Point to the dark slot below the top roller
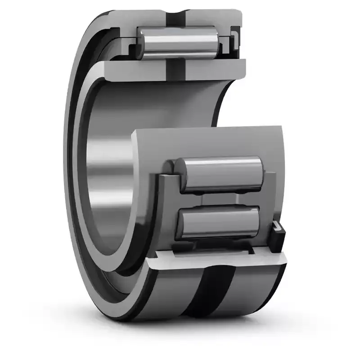coord(173,67)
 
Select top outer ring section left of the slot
coord(144,18)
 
